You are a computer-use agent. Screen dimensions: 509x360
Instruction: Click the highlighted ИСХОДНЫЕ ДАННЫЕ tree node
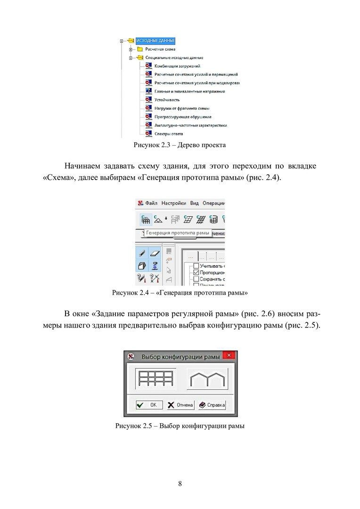point(155,41)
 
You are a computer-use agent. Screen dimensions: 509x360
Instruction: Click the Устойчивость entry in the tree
point(167,100)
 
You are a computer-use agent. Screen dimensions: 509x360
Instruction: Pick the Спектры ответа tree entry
point(169,134)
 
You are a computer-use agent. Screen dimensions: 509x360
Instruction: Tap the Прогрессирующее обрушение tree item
point(183,117)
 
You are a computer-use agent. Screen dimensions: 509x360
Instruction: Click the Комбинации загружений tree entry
point(178,66)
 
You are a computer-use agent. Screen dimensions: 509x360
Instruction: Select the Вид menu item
point(195,203)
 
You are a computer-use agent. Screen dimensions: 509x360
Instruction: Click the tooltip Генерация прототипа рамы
point(178,233)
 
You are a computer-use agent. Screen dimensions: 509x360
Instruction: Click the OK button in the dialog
point(149,405)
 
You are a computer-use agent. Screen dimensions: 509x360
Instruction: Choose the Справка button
point(212,405)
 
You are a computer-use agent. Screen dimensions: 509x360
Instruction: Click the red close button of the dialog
point(229,355)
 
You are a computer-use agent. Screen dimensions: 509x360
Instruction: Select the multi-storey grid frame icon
point(155,379)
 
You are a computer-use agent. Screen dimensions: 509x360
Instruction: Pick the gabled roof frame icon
point(207,379)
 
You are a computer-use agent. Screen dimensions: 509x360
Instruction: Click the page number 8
point(180,484)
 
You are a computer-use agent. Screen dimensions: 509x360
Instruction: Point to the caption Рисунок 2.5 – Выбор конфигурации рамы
point(180,427)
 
